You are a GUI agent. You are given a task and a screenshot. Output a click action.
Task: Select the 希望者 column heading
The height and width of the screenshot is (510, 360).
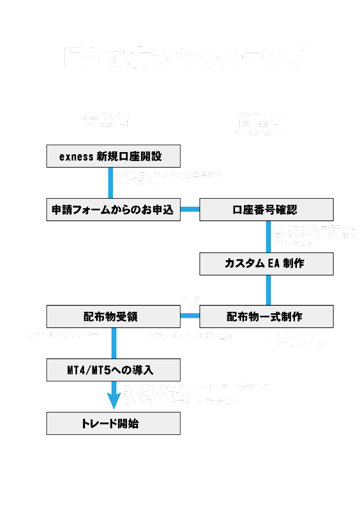point(106,120)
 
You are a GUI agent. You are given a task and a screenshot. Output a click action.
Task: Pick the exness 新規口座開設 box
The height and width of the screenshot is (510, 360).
point(113,156)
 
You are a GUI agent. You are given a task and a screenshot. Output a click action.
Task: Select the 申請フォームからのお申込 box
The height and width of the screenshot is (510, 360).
point(113,210)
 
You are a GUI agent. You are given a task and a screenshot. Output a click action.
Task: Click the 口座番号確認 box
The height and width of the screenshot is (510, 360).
point(266,210)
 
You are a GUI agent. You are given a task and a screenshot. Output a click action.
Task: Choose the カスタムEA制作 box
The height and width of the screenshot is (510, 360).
point(266,264)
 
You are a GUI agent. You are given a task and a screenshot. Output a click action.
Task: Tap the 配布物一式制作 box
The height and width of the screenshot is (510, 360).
point(266,317)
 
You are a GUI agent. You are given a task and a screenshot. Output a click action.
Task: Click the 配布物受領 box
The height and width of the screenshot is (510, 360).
point(113,317)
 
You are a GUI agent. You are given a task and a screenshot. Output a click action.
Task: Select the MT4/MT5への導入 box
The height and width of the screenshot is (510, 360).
point(113,370)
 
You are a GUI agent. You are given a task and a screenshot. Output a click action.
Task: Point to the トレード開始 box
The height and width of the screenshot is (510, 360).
point(113,424)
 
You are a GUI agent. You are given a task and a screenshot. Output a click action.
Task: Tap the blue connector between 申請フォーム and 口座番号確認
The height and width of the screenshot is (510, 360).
point(190,209)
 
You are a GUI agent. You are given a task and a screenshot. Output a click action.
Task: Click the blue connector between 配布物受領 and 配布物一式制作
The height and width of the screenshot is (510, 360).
point(190,316)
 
